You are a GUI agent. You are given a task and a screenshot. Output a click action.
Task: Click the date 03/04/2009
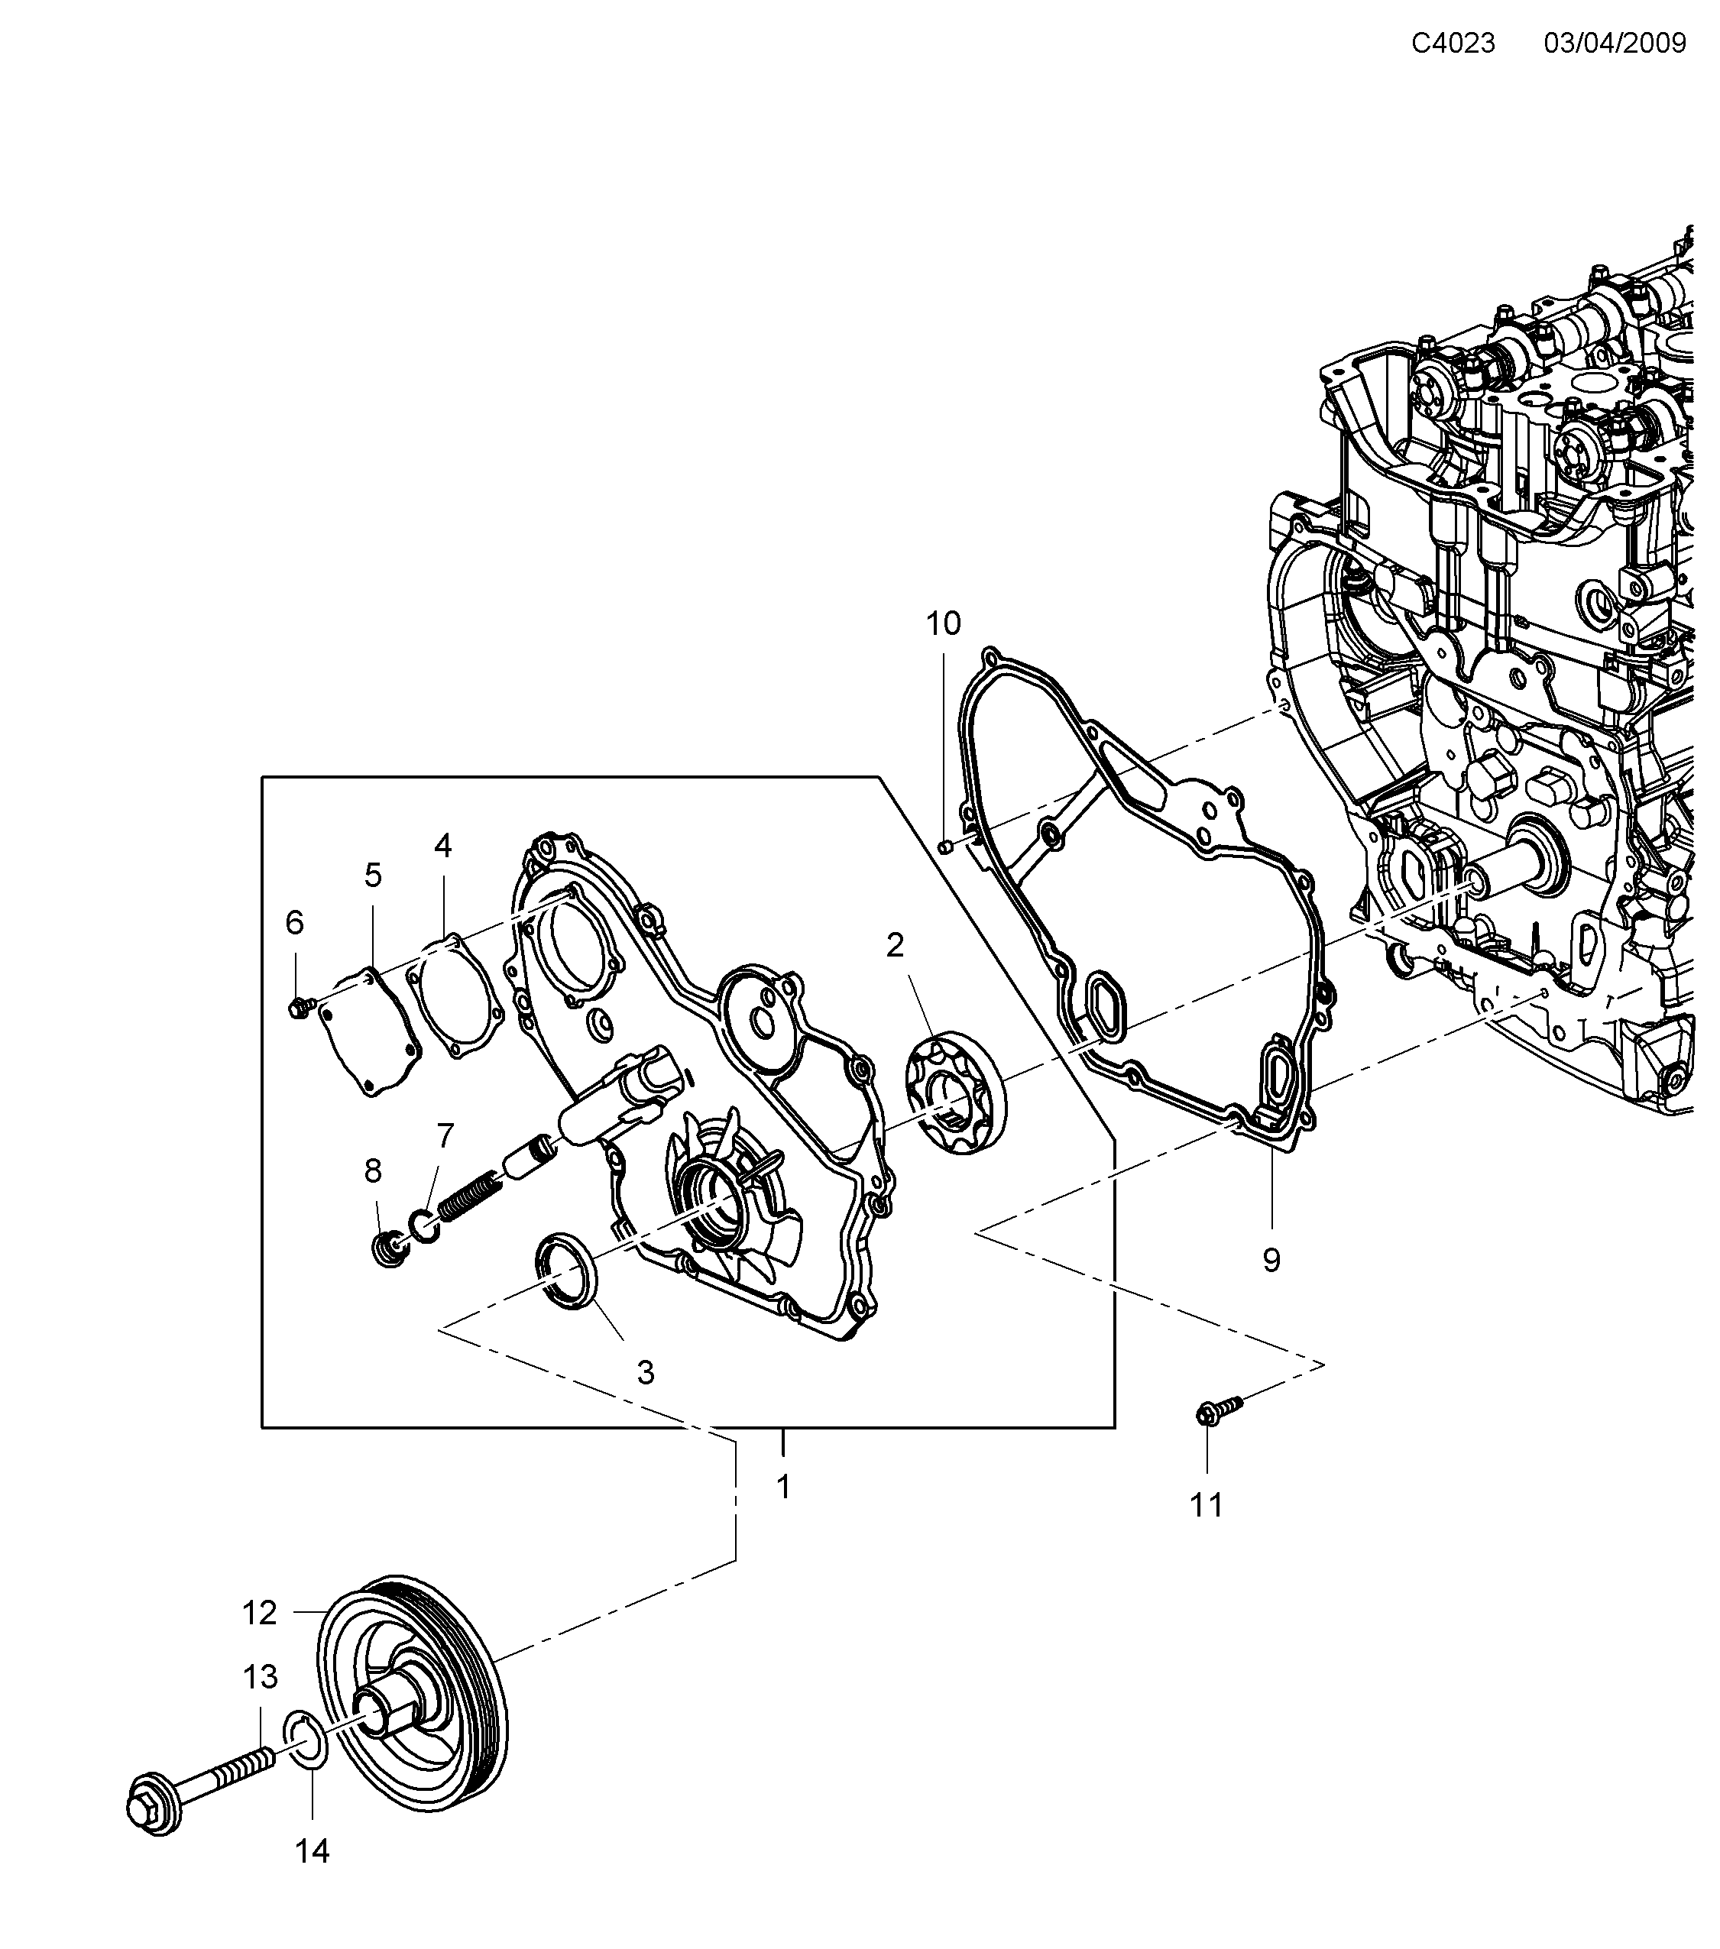1615,43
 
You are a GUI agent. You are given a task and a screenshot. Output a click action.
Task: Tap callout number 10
943,623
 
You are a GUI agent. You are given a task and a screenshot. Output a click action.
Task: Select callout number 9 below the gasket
1271,1260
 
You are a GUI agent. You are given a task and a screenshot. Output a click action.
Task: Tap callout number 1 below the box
782,1487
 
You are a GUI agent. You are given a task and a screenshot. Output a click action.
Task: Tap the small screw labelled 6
297,1007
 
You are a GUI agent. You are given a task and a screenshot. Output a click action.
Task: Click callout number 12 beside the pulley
259,1612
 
